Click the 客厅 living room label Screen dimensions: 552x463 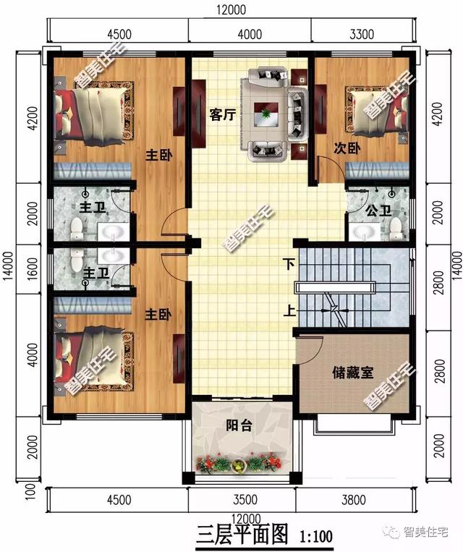pyautogui.click(x=222, y=116)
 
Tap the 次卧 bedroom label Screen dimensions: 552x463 pyautogui.click(x=347, y=149)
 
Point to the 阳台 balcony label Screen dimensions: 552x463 pyautogui.click(x=239, y=425)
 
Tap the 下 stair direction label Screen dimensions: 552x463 pyautogui.click(x=288, y=264)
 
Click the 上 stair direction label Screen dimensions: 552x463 pyautogui.click(x=288, y=313)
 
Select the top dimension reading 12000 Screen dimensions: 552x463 pyautogui.click(x=231, y=9)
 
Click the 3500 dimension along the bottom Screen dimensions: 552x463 pyautogui.click(x=241, y=500)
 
